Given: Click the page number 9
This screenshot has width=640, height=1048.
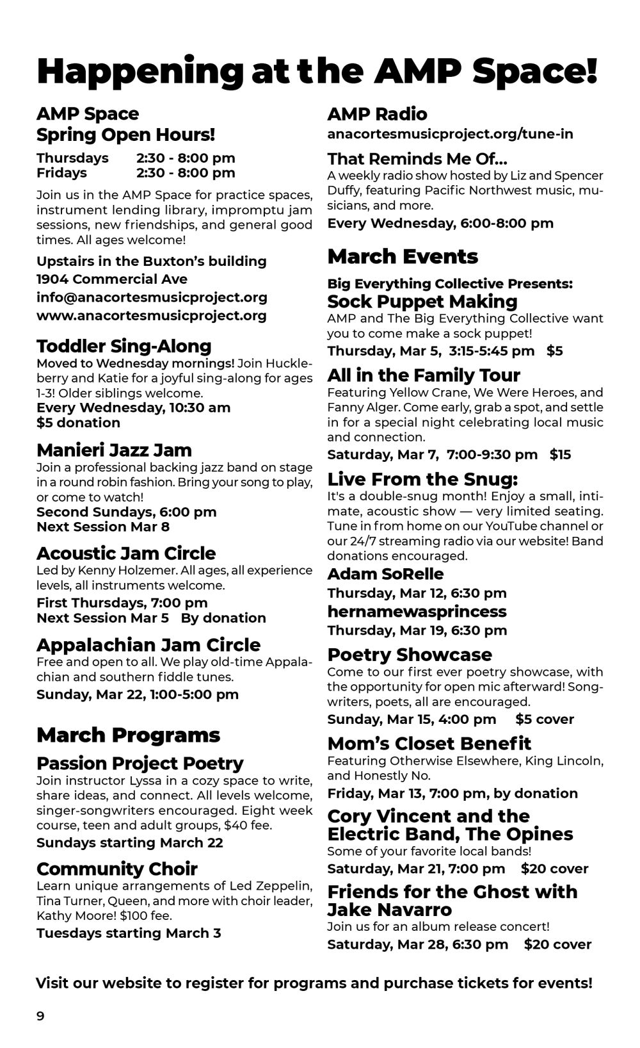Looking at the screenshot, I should pyautogui.click(x=40, y=1016).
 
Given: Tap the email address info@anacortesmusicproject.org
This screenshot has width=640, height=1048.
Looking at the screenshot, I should pyautogui.click(x=152, y=297).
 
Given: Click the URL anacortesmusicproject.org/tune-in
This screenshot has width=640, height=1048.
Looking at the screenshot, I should pyautogui.click(x=450, y=134).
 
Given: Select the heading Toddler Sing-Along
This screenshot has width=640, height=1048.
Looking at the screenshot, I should pyautogui.click(x=124, y=346).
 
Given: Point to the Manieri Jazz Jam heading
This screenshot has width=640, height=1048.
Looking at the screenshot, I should pyautogui.click(x=114, y=450).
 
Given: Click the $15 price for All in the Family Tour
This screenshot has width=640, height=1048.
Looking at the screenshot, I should pyautogui.click(x=560, y=455).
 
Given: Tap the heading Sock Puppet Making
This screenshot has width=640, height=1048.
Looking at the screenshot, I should pyautogui.click(x=422, y=301).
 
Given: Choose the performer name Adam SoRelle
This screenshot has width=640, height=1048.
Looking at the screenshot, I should pyautogui.click(x=385, y=574).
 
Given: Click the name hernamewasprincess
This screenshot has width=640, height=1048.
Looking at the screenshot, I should pyautogui.click(x=417, y=611).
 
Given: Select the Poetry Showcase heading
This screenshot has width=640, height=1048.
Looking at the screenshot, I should pyautogui.click(x=410, y=655).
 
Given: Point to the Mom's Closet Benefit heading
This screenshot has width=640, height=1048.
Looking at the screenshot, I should pyautogui.click(x=429, y=744).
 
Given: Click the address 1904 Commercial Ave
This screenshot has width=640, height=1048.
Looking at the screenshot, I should pyautogui.click(x=112, y=279).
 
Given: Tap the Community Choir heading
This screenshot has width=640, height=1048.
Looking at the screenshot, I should pyautogui.click(x=117, y=869).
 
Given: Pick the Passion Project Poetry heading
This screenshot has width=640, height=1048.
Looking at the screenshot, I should pyautogui.click(x=140, y=764).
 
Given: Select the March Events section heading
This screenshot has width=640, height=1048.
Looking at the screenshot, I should pyautogui.click(x=403, y=256).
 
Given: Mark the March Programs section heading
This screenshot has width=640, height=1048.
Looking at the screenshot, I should pyautogui.click(x=128, y=735).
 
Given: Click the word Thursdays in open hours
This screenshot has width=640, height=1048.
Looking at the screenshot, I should pyautogui.click(x=72, y=158).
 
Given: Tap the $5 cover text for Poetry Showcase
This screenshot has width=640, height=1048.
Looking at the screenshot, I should pyautogui.click(x=545, y=719).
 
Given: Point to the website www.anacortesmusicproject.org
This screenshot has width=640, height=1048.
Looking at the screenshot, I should pyautogui.click(x=152, y=315).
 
